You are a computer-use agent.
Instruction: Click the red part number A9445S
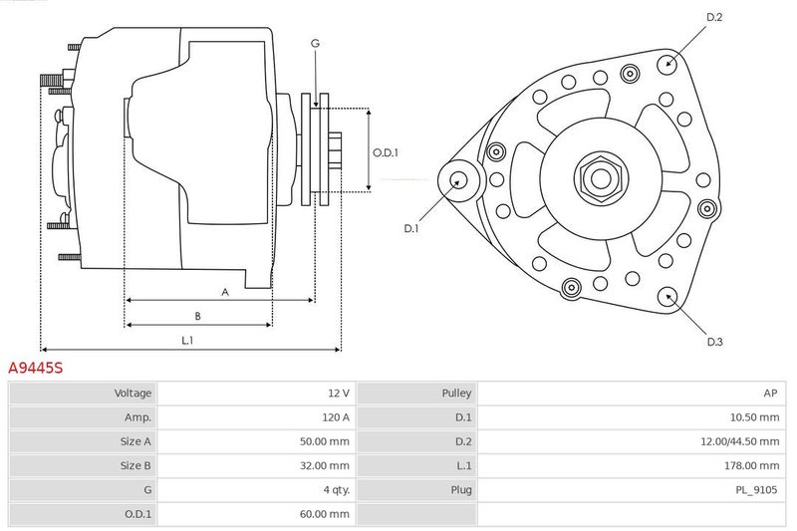[x=36, y=368]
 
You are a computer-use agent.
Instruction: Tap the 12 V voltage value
[x=339, y=393]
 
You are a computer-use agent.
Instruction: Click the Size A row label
[x=135, y=441]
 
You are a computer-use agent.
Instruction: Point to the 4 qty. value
[x=337, y=490]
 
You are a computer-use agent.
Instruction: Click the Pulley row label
[x=456, y=393]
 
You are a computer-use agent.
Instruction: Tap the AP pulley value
[x=770, y=393]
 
